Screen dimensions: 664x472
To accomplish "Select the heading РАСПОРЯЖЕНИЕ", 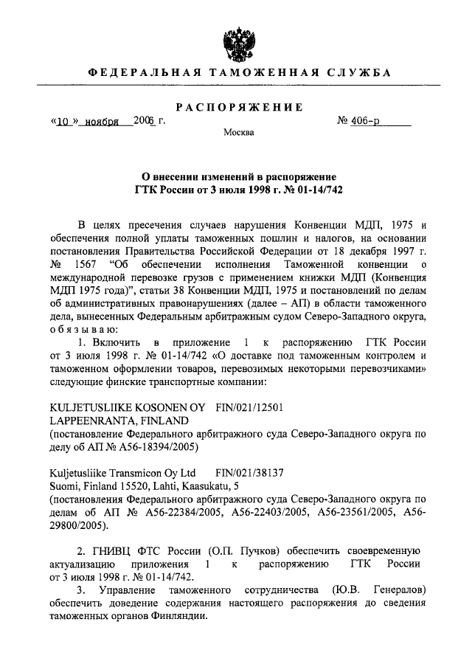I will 235,108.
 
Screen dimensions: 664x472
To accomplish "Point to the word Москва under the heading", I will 238,134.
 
